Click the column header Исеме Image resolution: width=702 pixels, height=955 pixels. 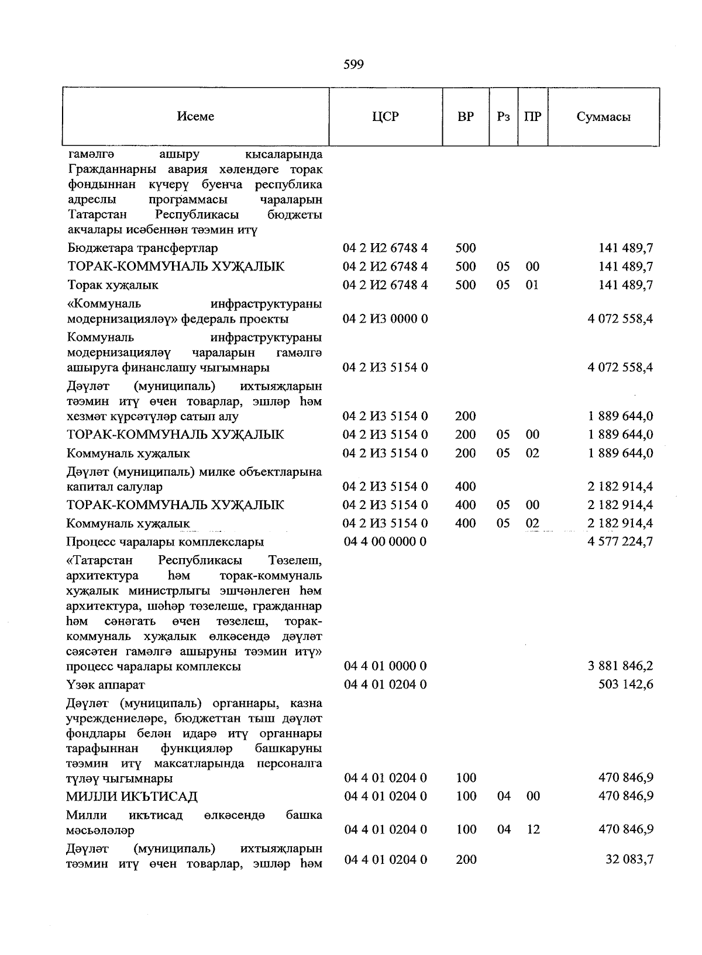(x=195, y=116)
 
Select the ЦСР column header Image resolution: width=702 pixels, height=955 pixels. (x=385, y=116)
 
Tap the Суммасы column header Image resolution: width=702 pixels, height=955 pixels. (x=603, y=116)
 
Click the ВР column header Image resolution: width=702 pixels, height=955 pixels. (x=466, y=116)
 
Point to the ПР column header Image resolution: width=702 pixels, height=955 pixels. (x=532, y=116)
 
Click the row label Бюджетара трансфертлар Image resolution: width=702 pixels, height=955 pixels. (x=143, y=248)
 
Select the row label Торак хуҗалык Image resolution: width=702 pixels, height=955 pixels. (x=113, y=285)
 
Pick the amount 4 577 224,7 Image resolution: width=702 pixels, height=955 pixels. (x=620, y=541)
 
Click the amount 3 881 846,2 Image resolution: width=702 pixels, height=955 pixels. (x=620, y=666)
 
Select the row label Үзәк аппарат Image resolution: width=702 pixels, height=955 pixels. (x=106, y=684)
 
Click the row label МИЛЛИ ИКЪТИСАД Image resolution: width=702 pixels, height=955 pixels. (x=132, y=797)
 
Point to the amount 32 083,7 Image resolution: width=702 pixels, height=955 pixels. (x=629, y=860)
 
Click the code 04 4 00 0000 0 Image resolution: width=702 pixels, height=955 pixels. (x=385, y=541)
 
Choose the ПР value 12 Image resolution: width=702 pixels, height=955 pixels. (x=532, y=829)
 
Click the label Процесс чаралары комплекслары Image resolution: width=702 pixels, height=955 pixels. (x=165, y=542)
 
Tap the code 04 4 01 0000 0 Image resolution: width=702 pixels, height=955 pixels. (x=385, y=666)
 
